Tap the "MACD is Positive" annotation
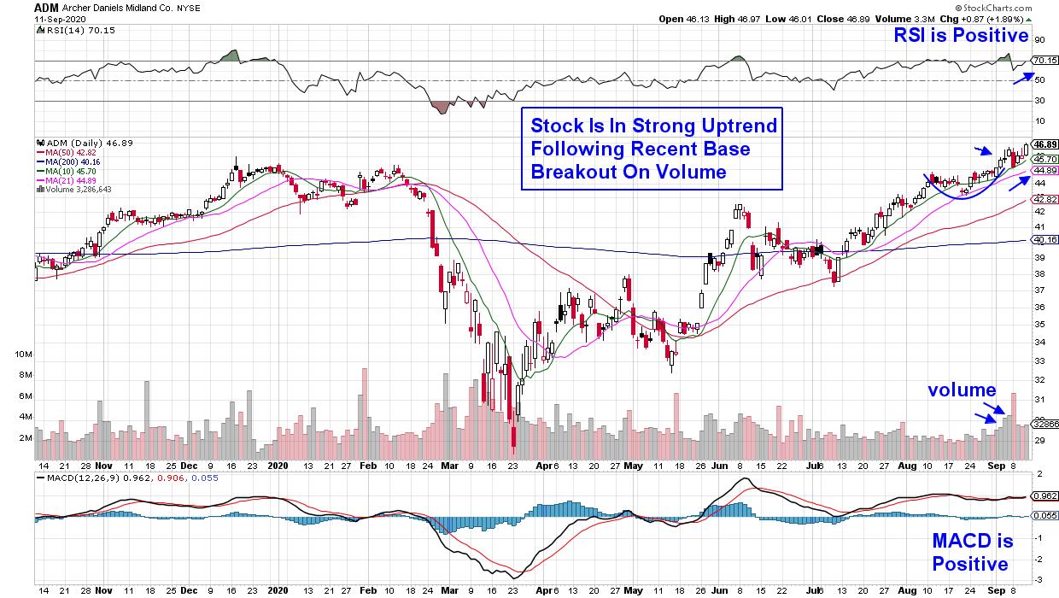click(x=972, y=552)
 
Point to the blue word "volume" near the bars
click(x=962, y=390)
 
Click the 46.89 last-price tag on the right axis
click(x=1044, y=144)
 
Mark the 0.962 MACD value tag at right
click(x=1044, y=495)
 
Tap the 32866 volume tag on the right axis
click(x=1044, y=423)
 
